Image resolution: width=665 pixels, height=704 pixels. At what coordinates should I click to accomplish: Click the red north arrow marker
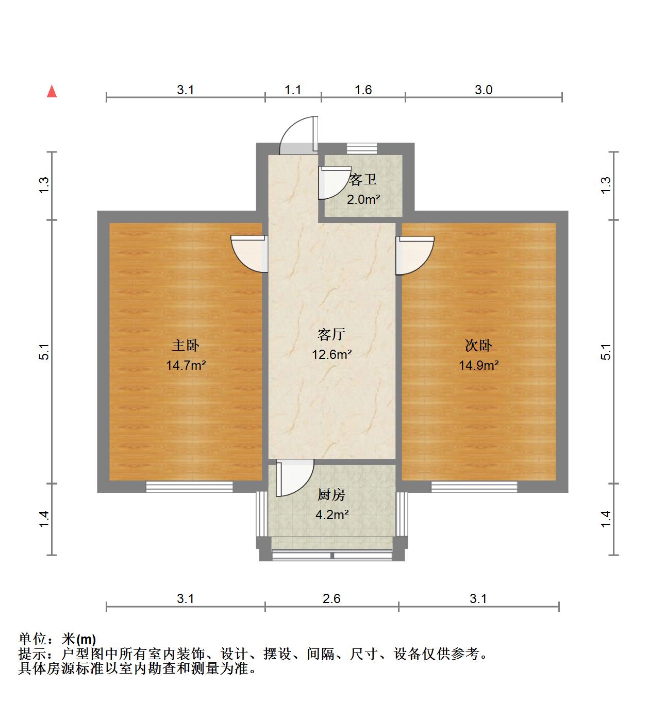[52, 92]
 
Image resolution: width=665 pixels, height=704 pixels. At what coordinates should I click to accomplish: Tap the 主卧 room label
[186, 345]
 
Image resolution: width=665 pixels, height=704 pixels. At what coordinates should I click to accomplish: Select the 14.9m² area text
[478, 366]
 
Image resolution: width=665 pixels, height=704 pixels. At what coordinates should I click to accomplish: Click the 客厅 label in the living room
[331, 335]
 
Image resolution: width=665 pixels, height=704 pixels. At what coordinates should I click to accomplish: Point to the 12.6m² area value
[331, 354]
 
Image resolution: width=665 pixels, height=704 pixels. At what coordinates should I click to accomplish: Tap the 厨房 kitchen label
[331, 495]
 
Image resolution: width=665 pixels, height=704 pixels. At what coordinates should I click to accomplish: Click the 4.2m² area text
[331, 514]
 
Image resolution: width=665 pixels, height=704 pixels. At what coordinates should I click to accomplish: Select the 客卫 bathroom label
[362, 180]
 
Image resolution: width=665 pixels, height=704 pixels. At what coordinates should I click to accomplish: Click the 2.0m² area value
[363, 199]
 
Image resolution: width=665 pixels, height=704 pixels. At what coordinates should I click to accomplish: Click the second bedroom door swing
[414, 255]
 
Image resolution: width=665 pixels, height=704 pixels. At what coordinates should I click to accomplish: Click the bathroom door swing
[332, 183]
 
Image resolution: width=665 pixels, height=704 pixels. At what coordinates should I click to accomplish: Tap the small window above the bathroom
[362, 148]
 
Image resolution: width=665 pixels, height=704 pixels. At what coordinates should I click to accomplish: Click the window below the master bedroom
[189, 487]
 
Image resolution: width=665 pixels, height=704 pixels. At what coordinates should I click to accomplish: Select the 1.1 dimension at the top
[293, 90]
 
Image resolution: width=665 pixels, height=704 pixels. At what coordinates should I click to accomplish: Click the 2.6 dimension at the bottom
[331, 598]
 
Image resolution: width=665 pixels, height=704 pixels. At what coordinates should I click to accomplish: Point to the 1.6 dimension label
[363, 90]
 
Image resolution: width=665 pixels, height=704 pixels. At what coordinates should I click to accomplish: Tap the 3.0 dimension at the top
[484, 90]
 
